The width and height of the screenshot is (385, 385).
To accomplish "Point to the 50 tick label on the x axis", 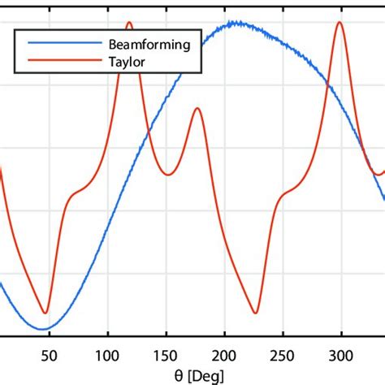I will point(49,354).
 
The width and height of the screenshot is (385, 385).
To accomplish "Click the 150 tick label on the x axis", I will point(166,354).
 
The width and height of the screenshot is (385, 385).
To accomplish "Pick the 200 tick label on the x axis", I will point(224,354).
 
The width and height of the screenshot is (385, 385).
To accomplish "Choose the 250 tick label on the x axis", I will point(283,354).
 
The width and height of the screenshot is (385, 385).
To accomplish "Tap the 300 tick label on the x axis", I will point(341,354).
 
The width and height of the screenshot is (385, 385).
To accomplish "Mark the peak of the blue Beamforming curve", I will point(236,23).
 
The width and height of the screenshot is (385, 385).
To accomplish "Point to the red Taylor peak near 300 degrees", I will point(340,23).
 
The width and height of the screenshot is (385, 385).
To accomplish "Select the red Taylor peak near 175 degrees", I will point(197,108).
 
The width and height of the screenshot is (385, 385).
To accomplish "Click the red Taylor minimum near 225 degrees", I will point(256,313).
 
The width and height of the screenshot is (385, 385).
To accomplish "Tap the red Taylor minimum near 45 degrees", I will point(46,313).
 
